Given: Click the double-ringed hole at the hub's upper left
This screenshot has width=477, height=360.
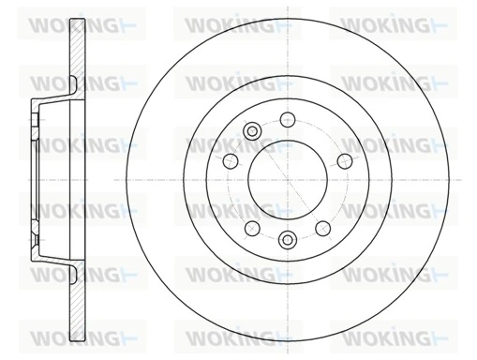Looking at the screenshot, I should click(x=250, y=131).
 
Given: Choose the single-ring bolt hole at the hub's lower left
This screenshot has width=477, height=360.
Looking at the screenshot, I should click(x=250, y=227).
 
